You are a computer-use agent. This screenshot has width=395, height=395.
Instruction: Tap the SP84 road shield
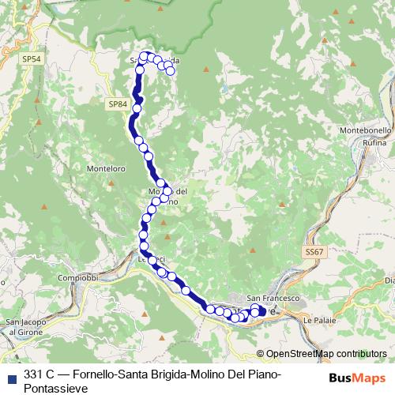(x=117, y=103)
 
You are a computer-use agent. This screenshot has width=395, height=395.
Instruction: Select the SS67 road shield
(x=314, y=252)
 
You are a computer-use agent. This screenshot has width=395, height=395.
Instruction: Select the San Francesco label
(x=273, y=299)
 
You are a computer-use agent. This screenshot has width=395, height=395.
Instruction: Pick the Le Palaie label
(x=318, y=322)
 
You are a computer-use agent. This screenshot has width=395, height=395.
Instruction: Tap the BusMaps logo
(x=360, y=377)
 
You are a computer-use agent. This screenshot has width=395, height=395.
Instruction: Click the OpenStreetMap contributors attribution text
(x=326, y=354)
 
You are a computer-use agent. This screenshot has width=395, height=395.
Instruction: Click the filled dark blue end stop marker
(x=262, y=311)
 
